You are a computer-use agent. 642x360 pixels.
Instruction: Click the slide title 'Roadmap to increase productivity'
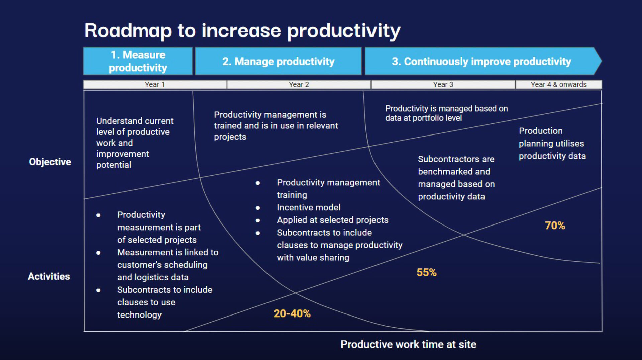point(242,31)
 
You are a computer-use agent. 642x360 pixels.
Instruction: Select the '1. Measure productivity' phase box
point(138,61)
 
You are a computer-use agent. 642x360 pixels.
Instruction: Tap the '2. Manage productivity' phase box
point(278,61)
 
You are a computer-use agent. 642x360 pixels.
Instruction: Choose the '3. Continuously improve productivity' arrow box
point(481,61)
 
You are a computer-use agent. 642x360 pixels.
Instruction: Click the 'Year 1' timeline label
point(155,84)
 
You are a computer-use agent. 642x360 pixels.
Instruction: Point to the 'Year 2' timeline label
point(299,84)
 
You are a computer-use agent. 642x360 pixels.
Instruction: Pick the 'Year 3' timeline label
point(443,84)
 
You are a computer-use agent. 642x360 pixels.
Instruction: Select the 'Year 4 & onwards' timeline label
point(558,84)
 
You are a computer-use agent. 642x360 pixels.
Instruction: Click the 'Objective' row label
point(50,162)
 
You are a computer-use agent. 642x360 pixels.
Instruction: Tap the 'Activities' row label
point(49,276)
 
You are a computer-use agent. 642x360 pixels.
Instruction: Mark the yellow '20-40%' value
point(292,313)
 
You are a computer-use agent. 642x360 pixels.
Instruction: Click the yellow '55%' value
point(426,272)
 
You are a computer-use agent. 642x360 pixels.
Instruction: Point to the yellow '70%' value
point(555,226)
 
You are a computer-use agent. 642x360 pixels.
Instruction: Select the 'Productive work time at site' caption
point(408,344)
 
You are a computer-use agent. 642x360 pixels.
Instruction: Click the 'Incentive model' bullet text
point(308,207)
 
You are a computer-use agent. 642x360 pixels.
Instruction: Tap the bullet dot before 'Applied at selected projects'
point(258,220)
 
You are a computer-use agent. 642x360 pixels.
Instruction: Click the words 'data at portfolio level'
point(423,118)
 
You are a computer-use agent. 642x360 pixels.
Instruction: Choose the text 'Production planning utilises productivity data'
point(552,143)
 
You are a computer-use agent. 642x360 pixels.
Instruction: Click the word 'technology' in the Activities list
point(139,315)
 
